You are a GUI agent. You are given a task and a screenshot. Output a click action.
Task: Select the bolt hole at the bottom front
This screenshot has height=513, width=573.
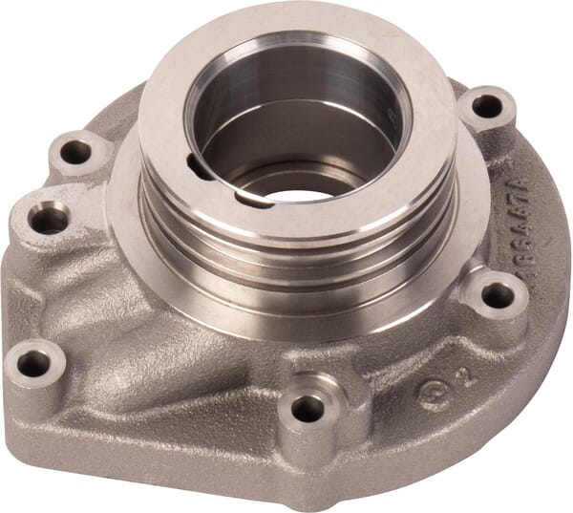pyautogui.click(x=307, y=409)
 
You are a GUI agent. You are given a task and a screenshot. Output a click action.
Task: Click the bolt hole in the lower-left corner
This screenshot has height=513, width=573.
pyautogui.click(x=34, y=363)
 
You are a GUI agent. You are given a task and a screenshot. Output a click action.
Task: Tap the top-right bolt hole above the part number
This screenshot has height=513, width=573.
pyautogui.click(x=486, y=106)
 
